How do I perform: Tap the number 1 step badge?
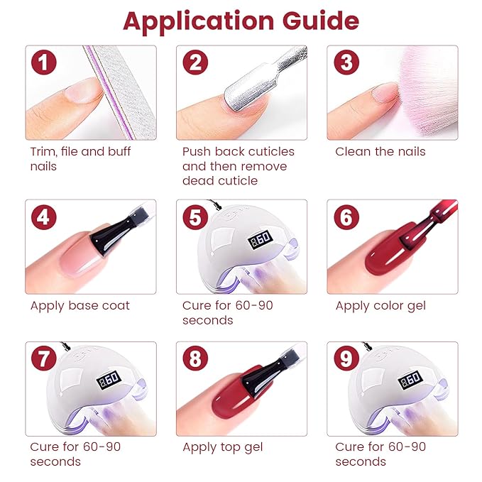(44, 63)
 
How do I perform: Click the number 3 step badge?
(346, 63)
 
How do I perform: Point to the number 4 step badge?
(44, 217)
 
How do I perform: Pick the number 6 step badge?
(346, 217)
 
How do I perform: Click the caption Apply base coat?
(80, 306)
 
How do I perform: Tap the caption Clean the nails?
(380, 151)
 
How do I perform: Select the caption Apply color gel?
(381, 306)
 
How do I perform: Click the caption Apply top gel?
(222, 447)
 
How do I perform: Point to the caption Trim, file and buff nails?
(80, 158)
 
